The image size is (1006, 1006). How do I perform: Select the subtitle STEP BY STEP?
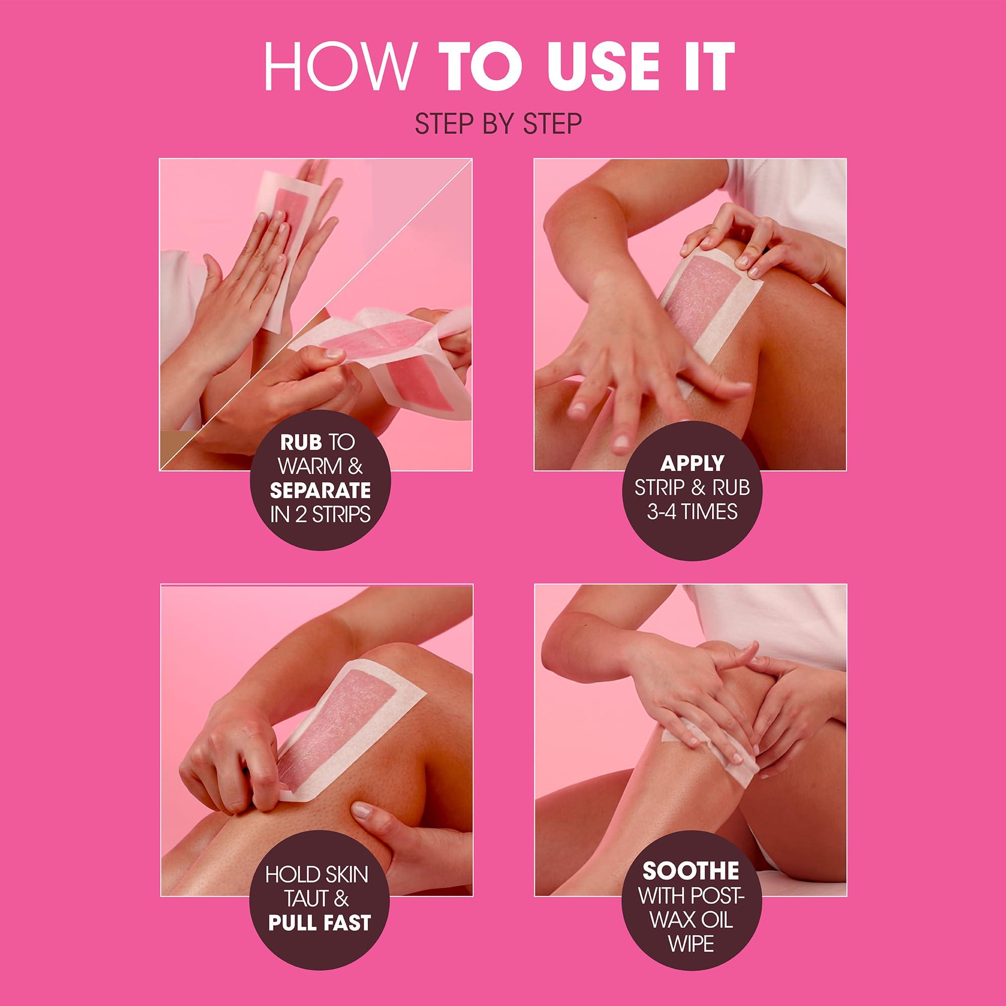coord(498,125)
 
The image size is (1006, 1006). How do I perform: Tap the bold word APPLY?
coord(693,462)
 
